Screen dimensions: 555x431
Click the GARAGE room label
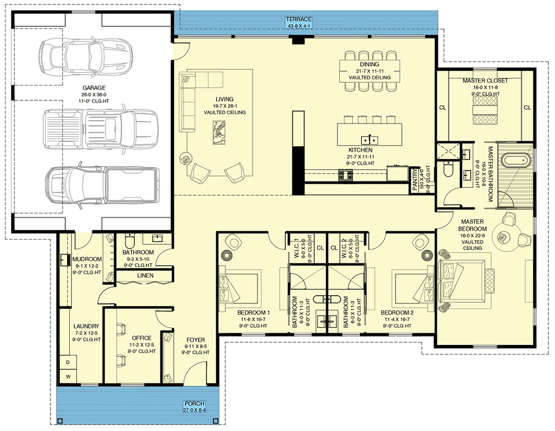(94, 88)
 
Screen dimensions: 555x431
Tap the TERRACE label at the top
(299, 19)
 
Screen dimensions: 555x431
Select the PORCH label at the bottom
(194, 403)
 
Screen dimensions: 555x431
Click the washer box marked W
(68, 376)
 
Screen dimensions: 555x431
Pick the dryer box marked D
(68, 363)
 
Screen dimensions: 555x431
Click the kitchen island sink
(370, 139)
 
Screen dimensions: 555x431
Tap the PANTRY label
(415, 180)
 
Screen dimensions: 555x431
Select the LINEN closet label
(145, 275)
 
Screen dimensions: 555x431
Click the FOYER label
(195, 339)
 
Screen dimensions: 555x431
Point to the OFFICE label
(142, 338)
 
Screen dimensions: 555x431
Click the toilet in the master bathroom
(448, 170)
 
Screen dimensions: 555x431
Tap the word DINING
(370, 64)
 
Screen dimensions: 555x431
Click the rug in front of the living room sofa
(219, 133)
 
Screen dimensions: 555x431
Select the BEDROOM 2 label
(397, 312)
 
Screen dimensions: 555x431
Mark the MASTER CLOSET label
(485, 80)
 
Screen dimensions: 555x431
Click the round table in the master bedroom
(503, 236)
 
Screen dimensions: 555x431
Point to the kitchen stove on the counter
(345, 175)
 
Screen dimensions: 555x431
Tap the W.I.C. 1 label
(296, 249)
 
